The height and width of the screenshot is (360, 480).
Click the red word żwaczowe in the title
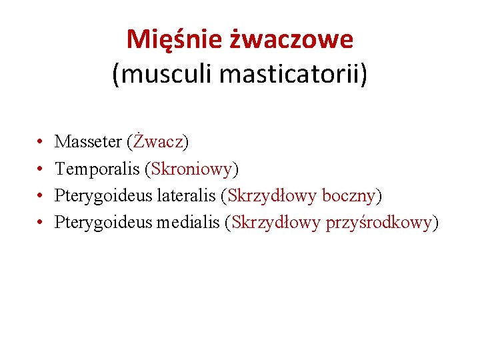[291, 40]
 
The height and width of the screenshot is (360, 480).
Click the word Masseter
[88, 142]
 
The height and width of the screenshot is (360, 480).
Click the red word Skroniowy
[191, 169]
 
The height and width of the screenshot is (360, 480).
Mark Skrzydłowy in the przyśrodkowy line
[276, 223]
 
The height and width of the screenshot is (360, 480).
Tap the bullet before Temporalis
[41, 169]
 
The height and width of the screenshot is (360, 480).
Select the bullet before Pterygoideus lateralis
[41, 196]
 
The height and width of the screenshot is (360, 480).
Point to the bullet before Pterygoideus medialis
[41, 223]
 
